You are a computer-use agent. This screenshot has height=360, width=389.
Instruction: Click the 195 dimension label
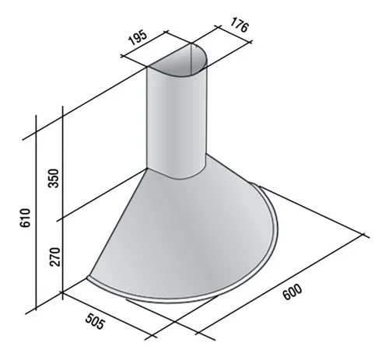coord(138,38)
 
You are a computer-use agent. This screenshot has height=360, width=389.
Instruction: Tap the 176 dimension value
coord(240,25)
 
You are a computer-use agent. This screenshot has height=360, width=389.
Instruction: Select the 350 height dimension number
coord(54,178)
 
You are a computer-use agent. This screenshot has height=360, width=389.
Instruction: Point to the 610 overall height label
coord(25,218)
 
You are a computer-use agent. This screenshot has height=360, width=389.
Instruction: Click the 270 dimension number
coord(54,257)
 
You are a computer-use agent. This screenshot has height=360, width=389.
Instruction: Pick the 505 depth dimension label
coord(95,321)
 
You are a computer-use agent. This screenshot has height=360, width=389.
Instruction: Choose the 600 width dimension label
coord(293,292)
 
